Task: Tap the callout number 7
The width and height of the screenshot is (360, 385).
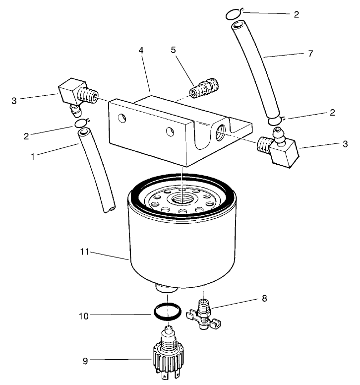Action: point(310,54)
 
